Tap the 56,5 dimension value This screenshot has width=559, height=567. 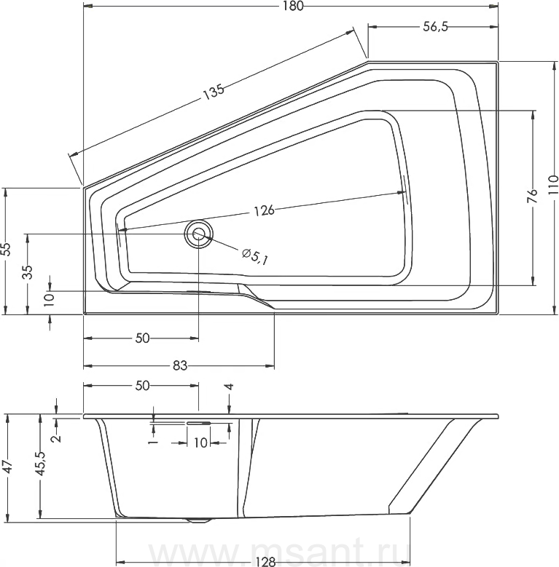point(436,26)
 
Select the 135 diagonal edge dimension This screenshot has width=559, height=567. point(214,92)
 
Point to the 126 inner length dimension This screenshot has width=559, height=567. point(264,210)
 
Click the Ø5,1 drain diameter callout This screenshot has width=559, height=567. point(255,256)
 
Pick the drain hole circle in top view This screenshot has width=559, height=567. point(198,233)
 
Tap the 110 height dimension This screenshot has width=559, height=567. point(553,186)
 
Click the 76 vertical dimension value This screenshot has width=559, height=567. point(532,197)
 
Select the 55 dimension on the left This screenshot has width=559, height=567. point(6,249)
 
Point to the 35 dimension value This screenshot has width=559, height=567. point(28,272)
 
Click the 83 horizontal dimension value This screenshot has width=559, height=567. point(179,366)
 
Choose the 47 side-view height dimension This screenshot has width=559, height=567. point(7,467)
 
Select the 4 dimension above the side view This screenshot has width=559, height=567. point(229,387)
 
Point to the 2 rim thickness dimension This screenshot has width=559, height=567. point(56,438)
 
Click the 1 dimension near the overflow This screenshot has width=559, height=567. point(154,442)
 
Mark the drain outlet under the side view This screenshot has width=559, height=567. point(198,520)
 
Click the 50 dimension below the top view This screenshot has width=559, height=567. point(142,338)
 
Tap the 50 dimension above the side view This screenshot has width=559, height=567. point(142,386)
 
